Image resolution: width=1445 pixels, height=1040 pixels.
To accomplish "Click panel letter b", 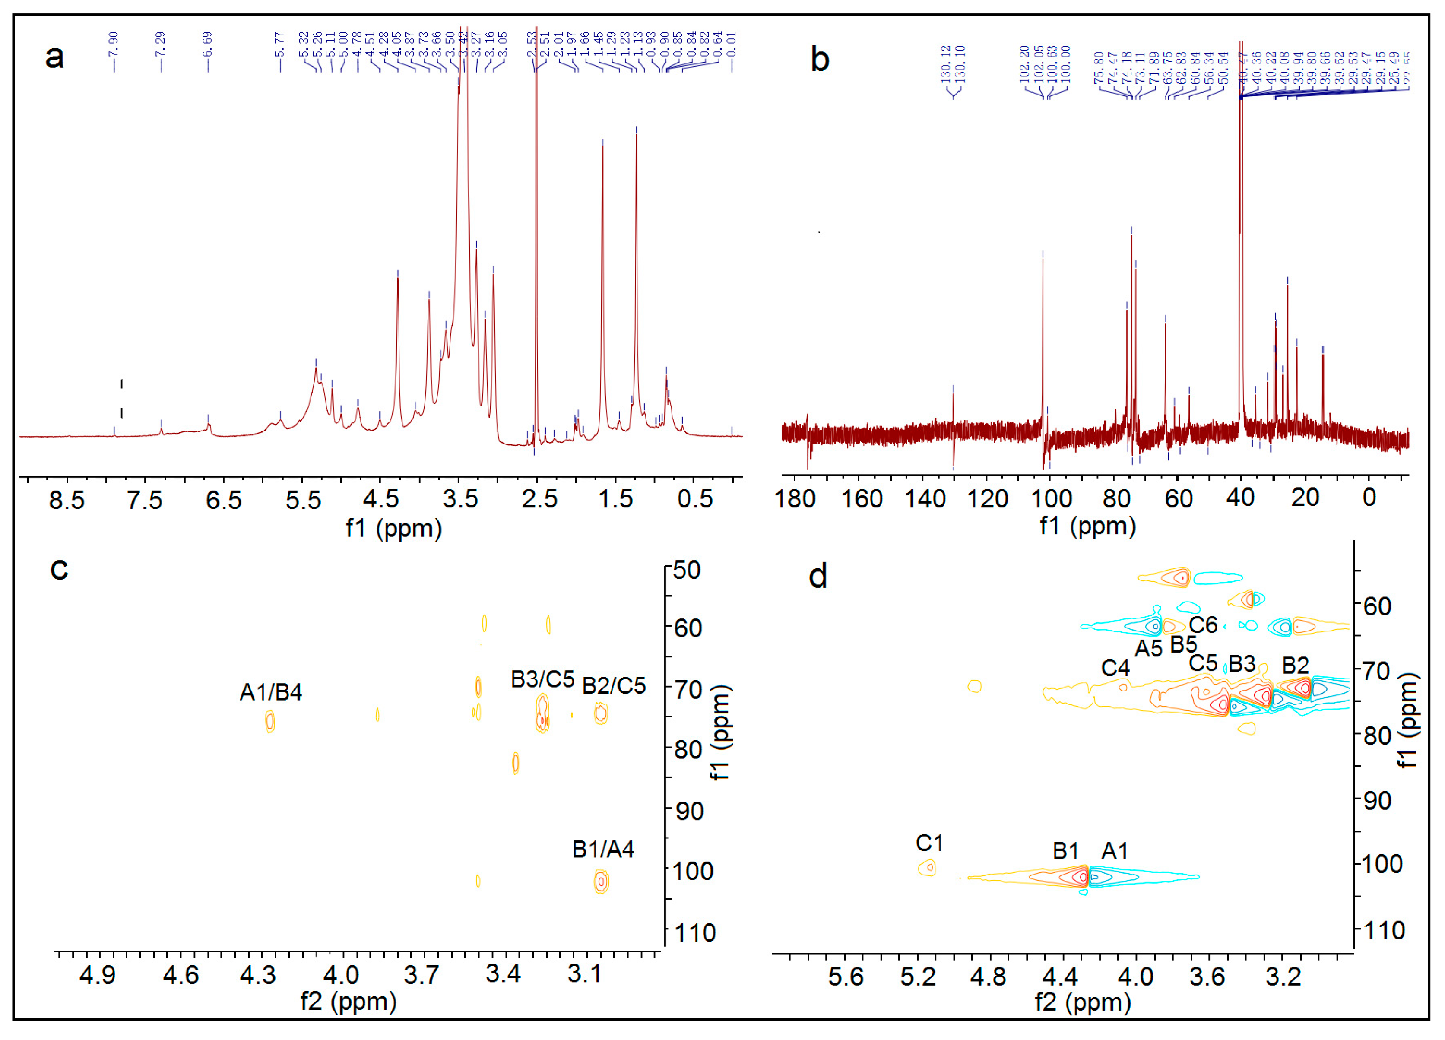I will [820, 60].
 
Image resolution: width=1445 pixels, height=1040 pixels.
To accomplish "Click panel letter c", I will [59, 568].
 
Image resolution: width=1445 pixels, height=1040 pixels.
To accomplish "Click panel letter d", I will [818, 577].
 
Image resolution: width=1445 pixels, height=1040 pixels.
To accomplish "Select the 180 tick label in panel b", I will [795, 498].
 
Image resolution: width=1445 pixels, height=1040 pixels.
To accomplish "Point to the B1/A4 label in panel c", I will [603, 850].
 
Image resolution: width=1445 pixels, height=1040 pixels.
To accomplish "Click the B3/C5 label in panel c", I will [542, 680].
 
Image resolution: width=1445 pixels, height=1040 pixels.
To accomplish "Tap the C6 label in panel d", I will [1203, 625].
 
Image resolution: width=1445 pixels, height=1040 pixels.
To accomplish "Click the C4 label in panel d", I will [1115, 668].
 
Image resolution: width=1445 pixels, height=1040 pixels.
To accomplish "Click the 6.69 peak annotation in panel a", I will [208, 44].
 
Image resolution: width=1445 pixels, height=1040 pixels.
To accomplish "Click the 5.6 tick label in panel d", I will [846, 977].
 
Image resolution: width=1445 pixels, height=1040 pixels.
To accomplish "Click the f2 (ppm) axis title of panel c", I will [349, 1001].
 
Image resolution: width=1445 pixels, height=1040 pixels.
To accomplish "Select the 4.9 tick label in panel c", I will [98, 975].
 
